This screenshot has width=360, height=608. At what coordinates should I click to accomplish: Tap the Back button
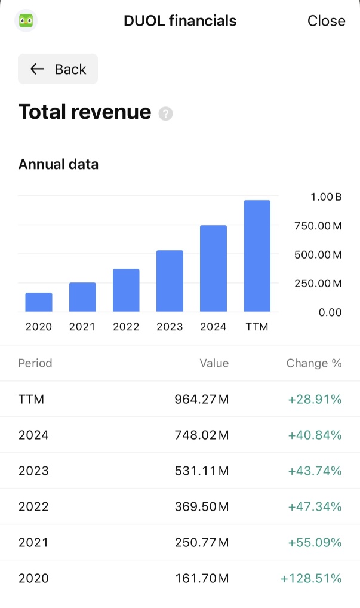[58, 69]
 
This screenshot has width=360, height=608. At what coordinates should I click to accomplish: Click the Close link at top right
[327, 20]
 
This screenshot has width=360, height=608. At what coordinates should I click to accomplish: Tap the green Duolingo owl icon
[26, 20]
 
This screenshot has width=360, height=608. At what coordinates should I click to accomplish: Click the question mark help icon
[165, 113]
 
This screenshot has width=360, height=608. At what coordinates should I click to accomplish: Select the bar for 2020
[39, 302]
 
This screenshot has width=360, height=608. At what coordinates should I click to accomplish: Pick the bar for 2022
[126, 290]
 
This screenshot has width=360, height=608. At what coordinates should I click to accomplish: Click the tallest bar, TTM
[257, 256]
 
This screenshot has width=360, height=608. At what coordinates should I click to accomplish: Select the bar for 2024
[213, 268]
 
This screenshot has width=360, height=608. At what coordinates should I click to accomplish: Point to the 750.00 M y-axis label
[318, 226]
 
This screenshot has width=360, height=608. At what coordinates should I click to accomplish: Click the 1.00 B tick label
[326, 197]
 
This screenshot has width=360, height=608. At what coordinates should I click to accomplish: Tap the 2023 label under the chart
[170, 327]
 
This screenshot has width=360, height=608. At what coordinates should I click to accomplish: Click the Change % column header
[314, 363]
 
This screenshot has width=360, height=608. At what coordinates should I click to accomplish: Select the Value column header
[214, 363]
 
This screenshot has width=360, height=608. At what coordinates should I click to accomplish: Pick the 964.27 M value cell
[202, 399]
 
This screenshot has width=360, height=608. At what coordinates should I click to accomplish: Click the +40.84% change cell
[315, 435]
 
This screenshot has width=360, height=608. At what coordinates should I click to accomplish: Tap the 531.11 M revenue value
[202, 471]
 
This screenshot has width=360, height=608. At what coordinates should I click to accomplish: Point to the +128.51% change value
[311, 578]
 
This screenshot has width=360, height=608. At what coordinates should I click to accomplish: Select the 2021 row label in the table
[33, 542]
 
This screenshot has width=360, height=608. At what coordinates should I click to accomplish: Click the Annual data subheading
[59, 164]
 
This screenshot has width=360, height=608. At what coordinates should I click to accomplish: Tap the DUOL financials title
[180, 20]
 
